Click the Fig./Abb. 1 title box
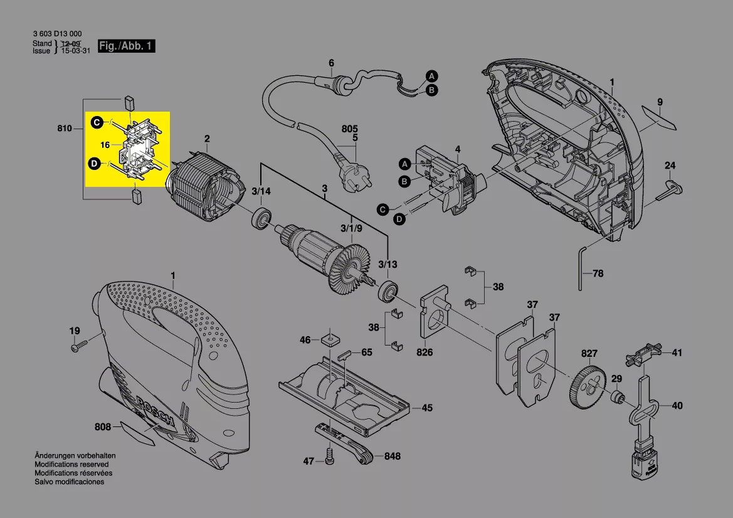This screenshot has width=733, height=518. [126, 46]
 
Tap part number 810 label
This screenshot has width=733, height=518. [65, 129]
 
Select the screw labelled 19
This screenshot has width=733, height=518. [78, 346]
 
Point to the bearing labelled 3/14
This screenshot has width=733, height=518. [262, 218]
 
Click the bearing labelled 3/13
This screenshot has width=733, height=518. [388, 291]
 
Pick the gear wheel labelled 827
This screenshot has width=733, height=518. [587, 389]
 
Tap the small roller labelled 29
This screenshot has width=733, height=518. [618, 398]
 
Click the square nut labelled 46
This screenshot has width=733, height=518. [330, 338]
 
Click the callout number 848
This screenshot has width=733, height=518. [393, 457]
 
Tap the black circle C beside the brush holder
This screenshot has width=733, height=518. [97, 122]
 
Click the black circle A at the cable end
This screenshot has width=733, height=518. [431, 77]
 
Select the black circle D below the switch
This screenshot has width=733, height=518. [399, 219]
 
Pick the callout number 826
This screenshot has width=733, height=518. [425, 352]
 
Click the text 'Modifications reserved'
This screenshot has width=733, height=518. [71, 464]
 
